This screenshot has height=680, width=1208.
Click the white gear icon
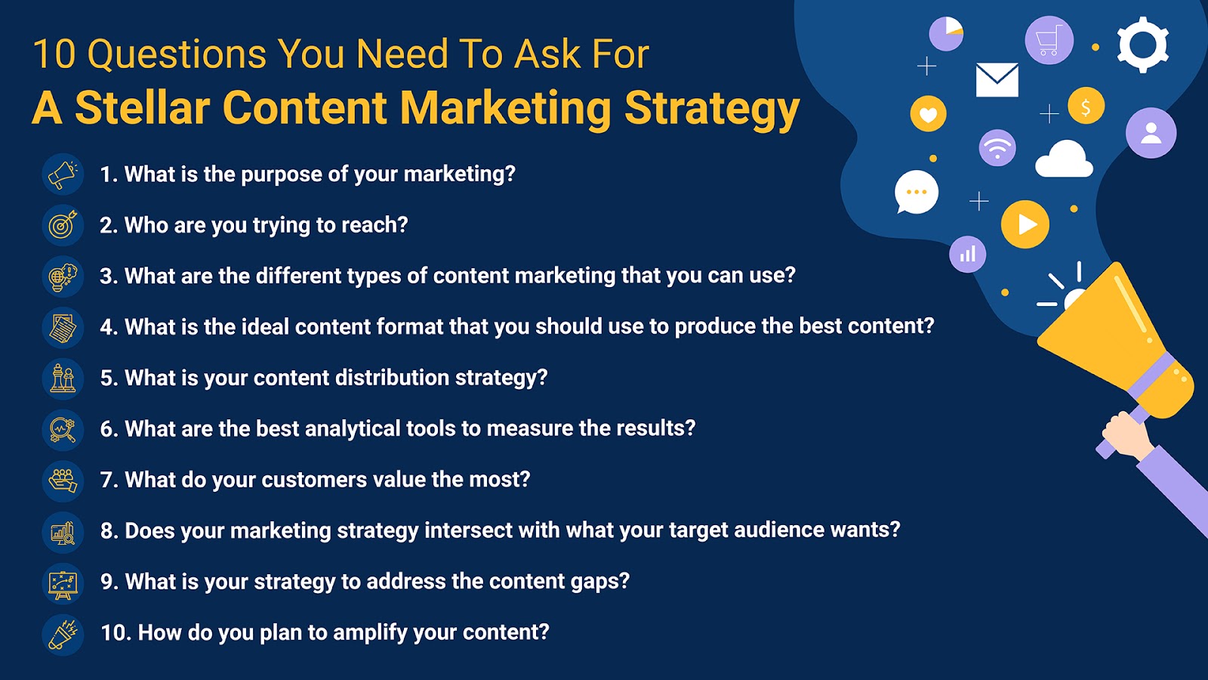point(1143,45)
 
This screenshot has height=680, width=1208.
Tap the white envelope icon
point(997,80)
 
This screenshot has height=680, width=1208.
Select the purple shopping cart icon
point(1049,41)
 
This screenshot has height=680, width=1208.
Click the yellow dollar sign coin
point(1086,106)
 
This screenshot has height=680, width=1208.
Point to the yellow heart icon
point(928,114)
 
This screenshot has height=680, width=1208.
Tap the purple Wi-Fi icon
point(997,148)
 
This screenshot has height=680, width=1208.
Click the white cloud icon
point(1064,159)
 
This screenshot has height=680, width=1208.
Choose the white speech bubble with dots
point(917,192)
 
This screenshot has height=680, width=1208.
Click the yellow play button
point(1025,224)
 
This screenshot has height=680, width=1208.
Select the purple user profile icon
point(1151,133)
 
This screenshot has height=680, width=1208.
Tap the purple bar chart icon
point(967,254)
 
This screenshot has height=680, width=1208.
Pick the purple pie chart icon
point(946,33)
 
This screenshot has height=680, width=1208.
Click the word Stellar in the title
point(143,107)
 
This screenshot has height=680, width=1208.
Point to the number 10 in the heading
point(54,54)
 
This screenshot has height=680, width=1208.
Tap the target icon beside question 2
point(63,225)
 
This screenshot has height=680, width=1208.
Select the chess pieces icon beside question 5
point(63,379)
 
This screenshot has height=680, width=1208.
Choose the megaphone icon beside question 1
point(63,174)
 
